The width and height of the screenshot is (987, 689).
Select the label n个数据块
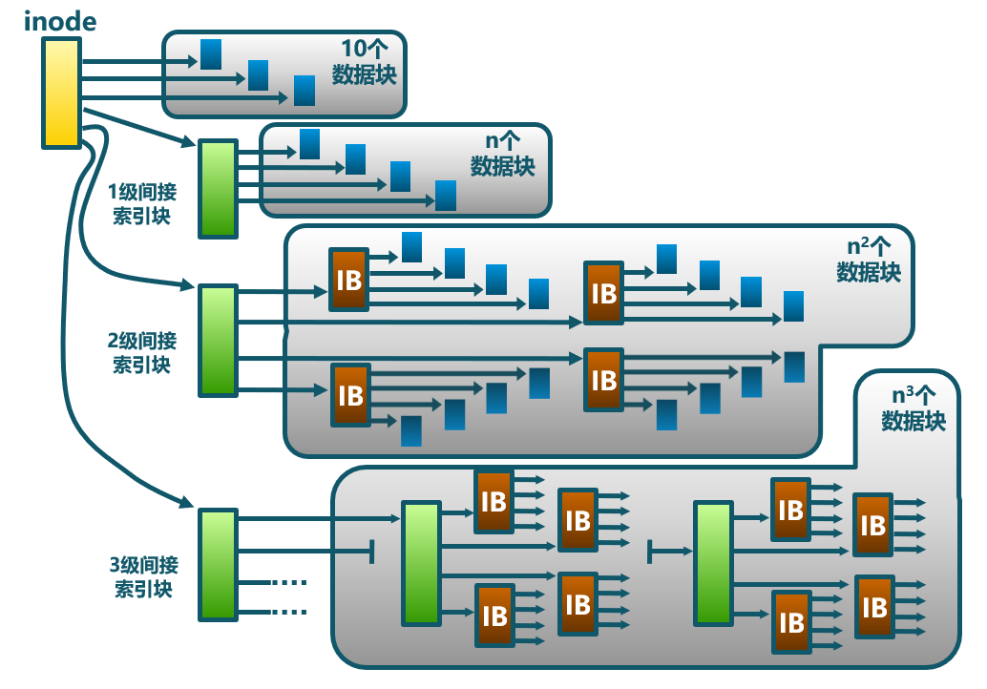click(x=503, y=155)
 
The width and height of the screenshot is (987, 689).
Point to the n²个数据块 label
click(x=869, y=259)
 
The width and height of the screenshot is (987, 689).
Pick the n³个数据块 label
click(x=913, y=407)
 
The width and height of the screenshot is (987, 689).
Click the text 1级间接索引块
click(x=142, y=202)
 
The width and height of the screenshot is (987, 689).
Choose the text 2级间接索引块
click(x=142, y=351)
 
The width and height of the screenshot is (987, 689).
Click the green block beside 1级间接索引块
click(x=217, y=188)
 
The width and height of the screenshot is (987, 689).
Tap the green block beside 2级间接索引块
click(x=217, y=339)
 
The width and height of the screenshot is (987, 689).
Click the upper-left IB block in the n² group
click(x=348, y=279)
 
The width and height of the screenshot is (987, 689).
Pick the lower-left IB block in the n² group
click(x=350, y=394)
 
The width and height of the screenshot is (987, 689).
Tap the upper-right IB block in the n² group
click(x=603, y=292)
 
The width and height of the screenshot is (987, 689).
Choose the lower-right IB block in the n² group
click(x=603, y=380)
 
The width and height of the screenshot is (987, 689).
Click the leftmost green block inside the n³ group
click(x=420, y=563)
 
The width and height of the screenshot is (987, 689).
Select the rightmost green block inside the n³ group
click(x=712, y=563)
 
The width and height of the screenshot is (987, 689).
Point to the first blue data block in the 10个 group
click(x=211, y=54)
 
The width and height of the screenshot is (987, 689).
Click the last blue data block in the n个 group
click(x=446, y=195)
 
